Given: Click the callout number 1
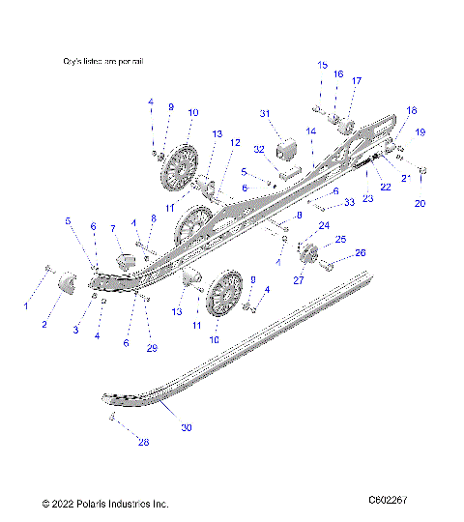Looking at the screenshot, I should coord(26,306).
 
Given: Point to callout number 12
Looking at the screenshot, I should coord(235,142).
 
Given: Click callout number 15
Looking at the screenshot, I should coord(322,65).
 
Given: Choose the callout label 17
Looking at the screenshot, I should coord(357,81).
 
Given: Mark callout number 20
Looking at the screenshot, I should coord(420,204).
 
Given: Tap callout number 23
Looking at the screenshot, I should coord(367,197).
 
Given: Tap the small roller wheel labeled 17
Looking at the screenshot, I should coord(345,124).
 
